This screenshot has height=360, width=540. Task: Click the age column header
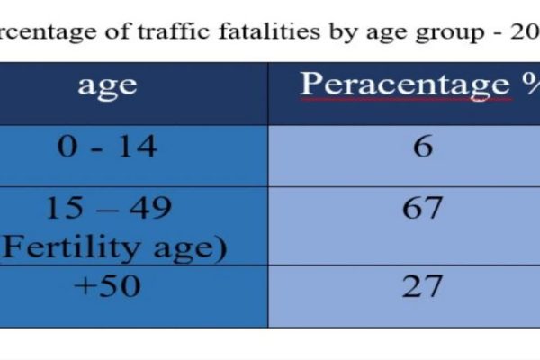point(107,85)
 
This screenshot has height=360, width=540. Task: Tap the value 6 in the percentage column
point(423,146)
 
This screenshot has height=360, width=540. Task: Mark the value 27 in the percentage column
point(422,286)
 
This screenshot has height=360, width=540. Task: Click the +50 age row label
point(107,286)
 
